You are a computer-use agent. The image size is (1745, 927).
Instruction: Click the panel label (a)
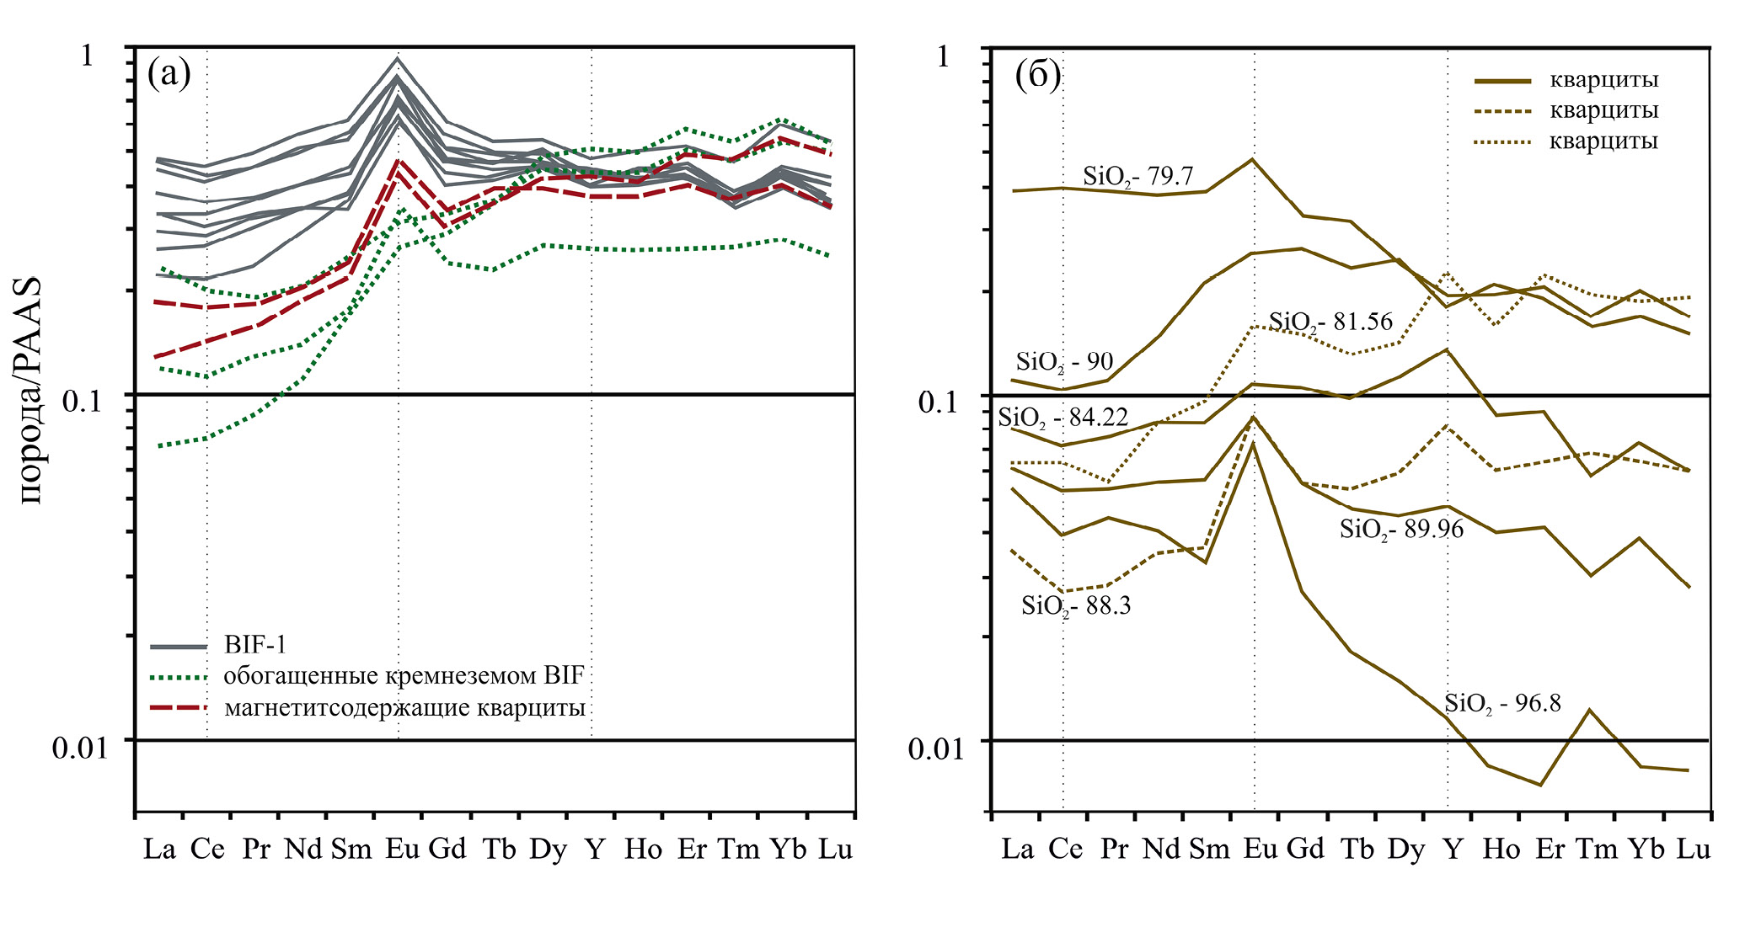[x=169, y=74]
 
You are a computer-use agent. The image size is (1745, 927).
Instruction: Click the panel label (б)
[x=1037, y=76]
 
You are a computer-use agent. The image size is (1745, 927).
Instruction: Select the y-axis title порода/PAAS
[x=31, y=392]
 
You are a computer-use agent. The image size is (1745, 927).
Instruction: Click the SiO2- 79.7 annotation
[x=1137, y=176]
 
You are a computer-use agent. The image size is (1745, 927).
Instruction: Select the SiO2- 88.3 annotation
[x=1076, y=605]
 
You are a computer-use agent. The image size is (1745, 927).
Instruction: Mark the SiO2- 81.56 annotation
[x=1330, y=322]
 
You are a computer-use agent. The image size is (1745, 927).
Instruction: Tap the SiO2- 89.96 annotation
[x=1401, y=529]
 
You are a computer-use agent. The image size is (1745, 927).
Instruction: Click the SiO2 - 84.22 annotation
[x=1063, y=417]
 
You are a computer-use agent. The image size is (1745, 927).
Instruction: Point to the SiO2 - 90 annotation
[x=1064, y=362]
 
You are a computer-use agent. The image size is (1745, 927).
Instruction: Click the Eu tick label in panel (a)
[x=402, y=849]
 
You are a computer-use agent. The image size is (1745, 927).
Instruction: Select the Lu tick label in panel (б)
[x=1693, y=849]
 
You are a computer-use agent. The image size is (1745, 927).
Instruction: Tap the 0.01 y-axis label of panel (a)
[x=80, y=748]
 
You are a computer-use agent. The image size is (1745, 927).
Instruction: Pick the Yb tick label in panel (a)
[x=788, y=849]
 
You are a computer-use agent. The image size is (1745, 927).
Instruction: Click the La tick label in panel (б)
[x=1017, y=849]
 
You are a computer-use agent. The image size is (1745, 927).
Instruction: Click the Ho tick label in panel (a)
[x=643, y=849]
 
